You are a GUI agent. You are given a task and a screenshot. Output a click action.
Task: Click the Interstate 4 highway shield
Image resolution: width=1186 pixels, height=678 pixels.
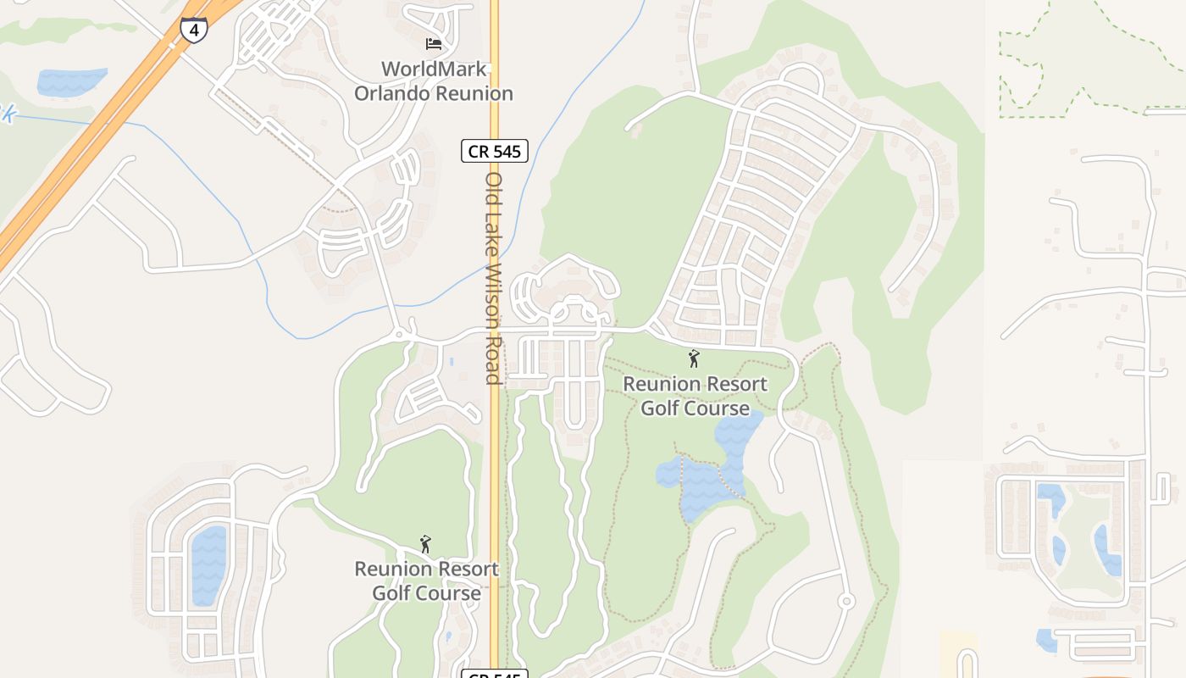194,30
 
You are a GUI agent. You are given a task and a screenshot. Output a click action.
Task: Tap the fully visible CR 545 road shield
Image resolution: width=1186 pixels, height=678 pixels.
495,151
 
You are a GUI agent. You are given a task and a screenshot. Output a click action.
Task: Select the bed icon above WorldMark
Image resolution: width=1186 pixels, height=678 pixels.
434,43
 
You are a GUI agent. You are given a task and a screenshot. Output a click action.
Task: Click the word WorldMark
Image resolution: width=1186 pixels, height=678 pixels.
434,69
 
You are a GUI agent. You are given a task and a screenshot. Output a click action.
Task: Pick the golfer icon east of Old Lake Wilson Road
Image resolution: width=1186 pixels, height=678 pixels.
695,358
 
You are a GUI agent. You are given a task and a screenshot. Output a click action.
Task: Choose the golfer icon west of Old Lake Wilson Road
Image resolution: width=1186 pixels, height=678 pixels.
425,543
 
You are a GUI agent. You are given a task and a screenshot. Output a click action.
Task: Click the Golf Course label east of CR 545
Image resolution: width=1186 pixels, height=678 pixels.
695,408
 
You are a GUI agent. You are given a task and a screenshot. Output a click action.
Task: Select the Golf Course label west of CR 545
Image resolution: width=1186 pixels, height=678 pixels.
426,593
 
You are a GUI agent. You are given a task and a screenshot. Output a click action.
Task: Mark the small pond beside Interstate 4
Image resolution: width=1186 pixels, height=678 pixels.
71,81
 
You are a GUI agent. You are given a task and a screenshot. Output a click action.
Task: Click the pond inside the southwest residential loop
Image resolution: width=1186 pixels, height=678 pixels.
209,565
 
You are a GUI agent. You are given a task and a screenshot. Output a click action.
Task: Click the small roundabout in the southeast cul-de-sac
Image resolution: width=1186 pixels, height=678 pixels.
845,601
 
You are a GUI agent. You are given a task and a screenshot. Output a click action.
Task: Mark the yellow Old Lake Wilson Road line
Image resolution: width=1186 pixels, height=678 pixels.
494,475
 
